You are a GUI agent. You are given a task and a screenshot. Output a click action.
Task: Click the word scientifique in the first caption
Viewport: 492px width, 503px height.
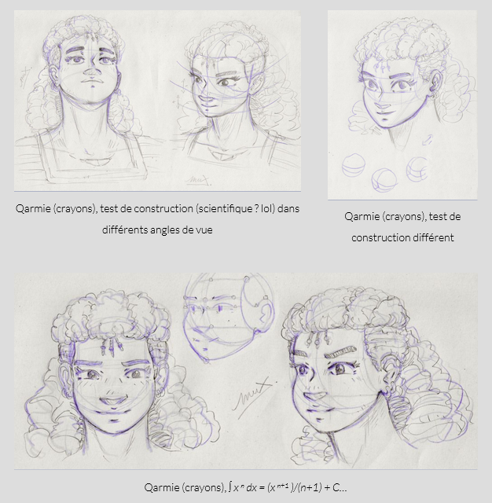[x=224, y=209]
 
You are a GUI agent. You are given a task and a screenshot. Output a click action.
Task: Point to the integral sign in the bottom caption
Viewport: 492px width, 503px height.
[x=230, y=487]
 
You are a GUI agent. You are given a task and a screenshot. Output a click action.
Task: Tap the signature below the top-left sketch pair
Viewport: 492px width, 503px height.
[x=197, y=181]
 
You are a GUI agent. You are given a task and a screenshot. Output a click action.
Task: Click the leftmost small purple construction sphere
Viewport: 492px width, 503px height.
[x=354, y=165]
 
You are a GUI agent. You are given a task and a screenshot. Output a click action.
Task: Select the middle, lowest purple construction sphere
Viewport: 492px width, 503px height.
[x=384, y=180]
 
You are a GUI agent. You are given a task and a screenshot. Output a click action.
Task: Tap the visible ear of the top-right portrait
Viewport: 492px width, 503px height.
[x=436, y=83]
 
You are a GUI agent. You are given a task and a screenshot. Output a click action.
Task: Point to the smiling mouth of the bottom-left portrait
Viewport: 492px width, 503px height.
[x=112, y=400]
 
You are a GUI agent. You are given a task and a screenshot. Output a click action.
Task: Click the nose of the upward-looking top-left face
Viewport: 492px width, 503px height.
[x=93, y=72]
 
